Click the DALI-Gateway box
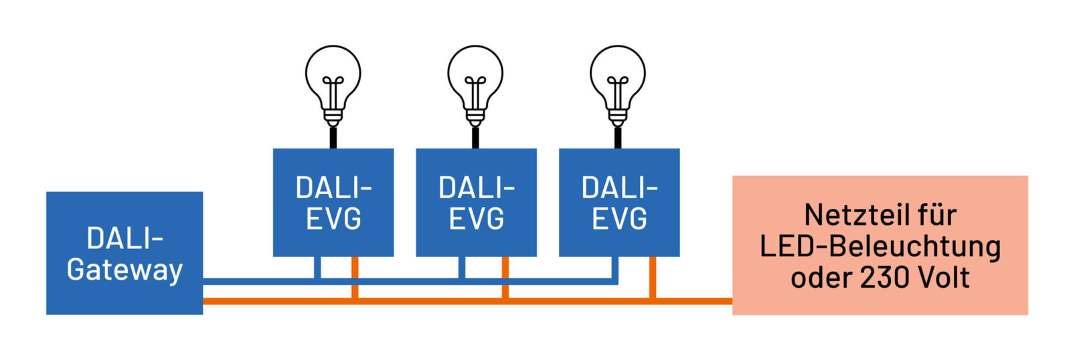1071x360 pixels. click(124, 253)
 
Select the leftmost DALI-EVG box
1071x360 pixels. click(333, 202)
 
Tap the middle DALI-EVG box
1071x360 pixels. click(476, 202)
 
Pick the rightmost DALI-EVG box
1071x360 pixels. click(619, 202)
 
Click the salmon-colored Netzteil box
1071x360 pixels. click(880, 245)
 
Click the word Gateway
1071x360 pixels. click(125, 270)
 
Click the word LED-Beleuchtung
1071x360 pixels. click(880, 246)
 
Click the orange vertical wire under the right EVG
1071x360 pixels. click(653, 276)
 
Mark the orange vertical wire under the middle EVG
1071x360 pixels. click(505, 276)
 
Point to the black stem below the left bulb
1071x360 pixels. click(333, 137)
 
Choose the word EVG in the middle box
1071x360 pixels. click(476, 219)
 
